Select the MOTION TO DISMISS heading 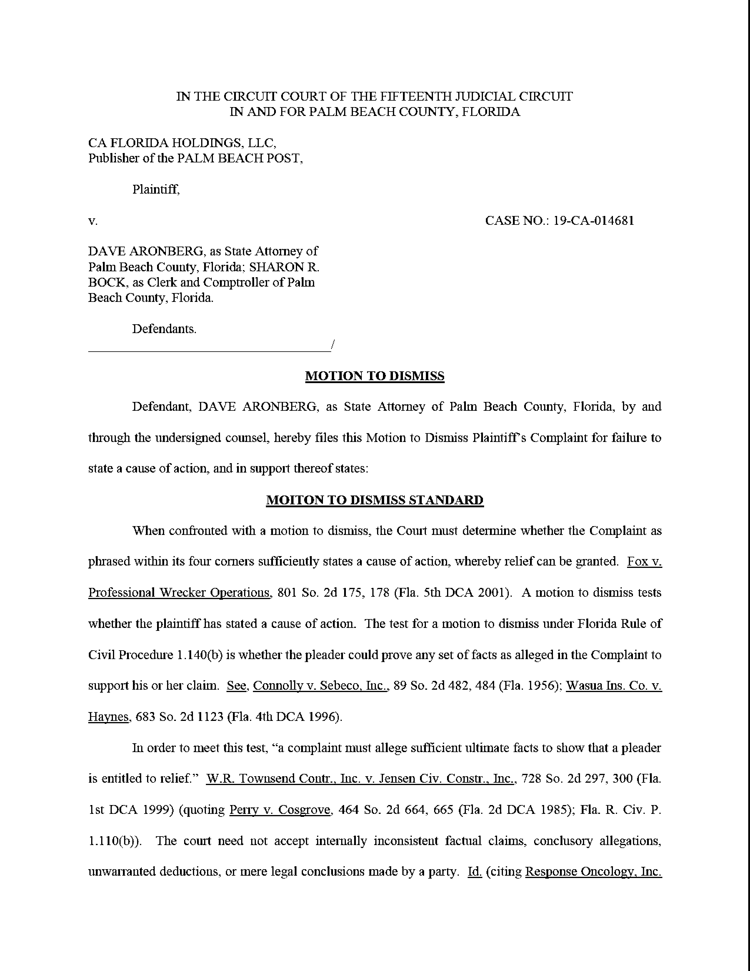(x=374, y=376)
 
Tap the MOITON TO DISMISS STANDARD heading (x=374, y=500)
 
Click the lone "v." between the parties (x=93, y=221)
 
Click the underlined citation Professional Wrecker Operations (x=179, y=593)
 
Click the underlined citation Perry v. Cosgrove (x=280, y=810)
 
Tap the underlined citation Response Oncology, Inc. (x=593, y=872)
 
